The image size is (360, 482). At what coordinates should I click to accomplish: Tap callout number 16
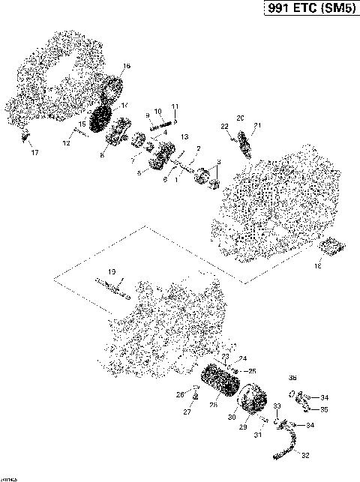coord(126,67)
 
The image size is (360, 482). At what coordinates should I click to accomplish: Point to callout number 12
coord(66,142)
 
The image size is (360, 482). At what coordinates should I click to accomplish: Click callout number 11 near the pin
coord(175,106)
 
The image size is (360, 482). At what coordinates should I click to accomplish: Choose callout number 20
coord(240,118)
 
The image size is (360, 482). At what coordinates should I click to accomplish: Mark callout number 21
coord(257,125)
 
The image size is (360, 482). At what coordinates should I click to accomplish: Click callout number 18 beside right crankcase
coord(317,265)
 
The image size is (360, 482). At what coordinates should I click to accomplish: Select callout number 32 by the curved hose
coord(304,455)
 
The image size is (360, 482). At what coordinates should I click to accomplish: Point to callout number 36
coord(292,378)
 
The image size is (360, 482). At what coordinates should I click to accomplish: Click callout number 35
coord(324,410)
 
